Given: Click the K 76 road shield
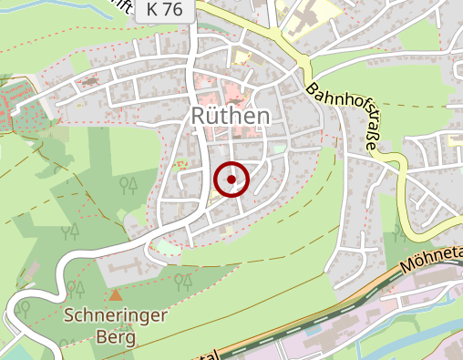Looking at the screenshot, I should (162, 11).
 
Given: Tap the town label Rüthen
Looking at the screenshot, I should (231, 116).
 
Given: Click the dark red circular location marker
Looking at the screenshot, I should (232, 180).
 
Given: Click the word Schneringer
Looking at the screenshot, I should (115, 317).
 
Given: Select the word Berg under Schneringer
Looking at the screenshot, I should (116, 337).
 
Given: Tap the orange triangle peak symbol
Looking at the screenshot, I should (115, 295).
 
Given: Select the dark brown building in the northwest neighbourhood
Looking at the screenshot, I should (91, 81).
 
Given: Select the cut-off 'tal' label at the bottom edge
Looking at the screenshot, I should (207, 354).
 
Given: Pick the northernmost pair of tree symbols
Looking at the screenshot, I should (129, 186).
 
